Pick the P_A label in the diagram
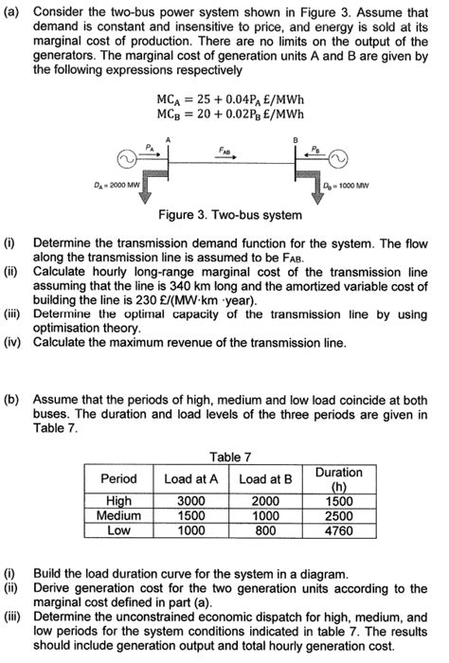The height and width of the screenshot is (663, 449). pos(149,146)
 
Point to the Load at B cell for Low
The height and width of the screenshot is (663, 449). pos(266,530)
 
